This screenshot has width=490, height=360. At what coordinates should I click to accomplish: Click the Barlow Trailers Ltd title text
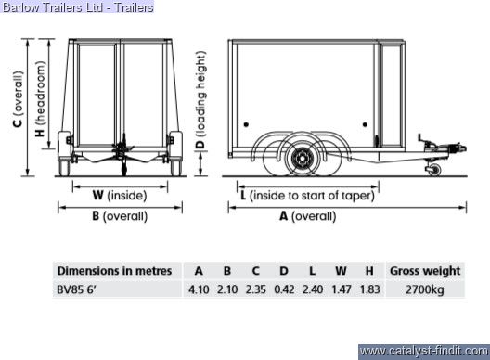pyautogui.click(x=78, y=6)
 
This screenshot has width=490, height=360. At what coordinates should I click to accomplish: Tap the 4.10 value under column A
pyautogui.click(x=199, y=289)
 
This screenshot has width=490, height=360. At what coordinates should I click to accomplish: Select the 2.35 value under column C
pyautogui.click(x=255, y=289)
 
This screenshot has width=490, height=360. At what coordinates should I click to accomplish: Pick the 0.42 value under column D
pyautogui.click(x=284, y=289)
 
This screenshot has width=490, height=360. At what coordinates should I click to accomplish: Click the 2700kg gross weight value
pyautogui.click(x=425, y=290)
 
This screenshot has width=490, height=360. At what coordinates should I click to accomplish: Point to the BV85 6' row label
pyautogui.click(x=76, y=289)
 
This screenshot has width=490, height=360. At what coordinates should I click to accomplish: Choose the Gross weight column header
pyautogui.click(x=425, y=271)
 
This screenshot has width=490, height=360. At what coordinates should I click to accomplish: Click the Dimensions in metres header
pyautogui.click(x=114, y=271)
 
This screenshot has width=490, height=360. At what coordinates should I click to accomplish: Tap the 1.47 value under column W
pyautogui.click(x=342, y=289)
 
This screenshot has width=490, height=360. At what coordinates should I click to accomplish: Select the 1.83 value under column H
pyautogui.click(x=369, y=289)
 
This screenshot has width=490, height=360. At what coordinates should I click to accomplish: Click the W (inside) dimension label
pyautogui.click(x=120, y=196)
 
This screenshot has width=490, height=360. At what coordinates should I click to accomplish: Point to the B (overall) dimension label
pyautogui.click(x=120, y=216)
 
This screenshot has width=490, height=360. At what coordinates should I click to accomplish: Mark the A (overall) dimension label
pyautogui.click(x=308, y=216)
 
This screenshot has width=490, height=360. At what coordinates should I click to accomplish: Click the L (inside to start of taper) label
pyautogui.click(x=307, y=196)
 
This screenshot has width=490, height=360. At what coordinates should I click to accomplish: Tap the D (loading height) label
pyautogui.click(x=200, y=100)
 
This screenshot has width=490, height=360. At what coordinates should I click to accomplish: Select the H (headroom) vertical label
pyautogui.click(x=40, y=99)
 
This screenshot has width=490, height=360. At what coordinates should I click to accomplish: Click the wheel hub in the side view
pyautogui.click(x=302, y=159)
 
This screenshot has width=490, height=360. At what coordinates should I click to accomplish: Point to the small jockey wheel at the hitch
pyautogui.click(x=434, y=171)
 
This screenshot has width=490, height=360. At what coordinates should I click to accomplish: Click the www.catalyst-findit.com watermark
pyautogui.click(x=424, y=352)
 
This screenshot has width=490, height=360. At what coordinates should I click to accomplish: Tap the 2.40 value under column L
pyautogui.click(x=313, y=289)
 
